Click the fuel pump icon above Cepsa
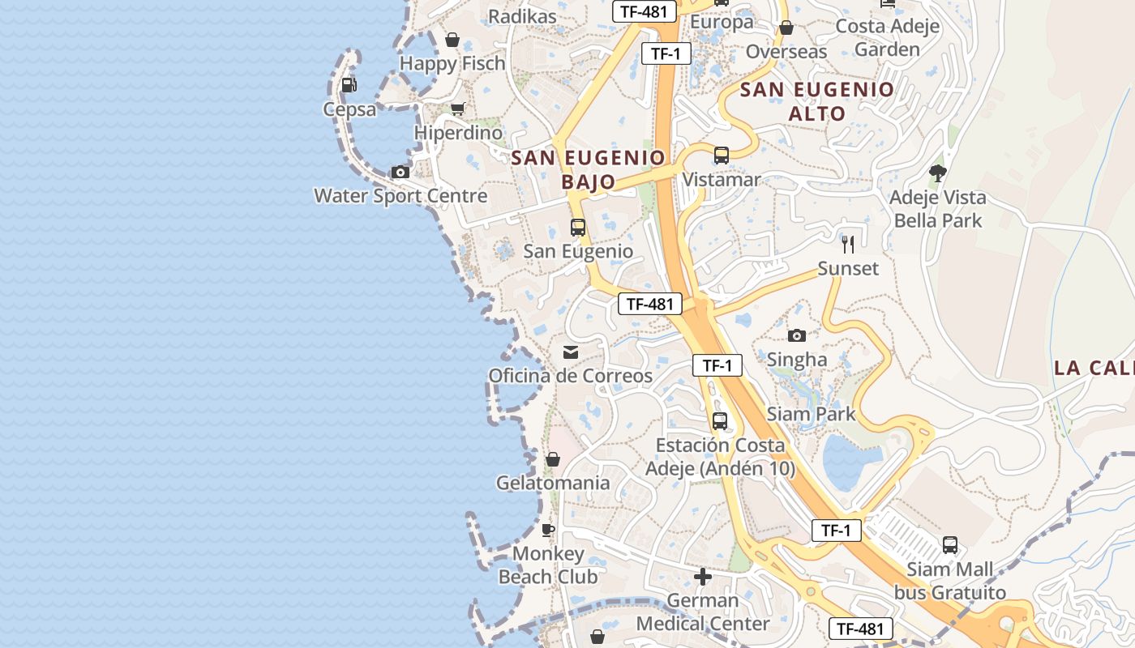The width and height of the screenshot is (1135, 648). (349, 84)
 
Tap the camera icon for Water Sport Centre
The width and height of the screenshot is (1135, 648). (400, 172)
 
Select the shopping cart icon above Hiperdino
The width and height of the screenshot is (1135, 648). (458, 109)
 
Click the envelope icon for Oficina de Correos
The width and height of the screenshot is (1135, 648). (571, 352)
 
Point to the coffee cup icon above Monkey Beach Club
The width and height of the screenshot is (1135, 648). (548, 530)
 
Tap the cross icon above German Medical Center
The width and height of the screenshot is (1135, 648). (703, 577)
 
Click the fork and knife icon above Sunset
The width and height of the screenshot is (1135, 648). (848, 244)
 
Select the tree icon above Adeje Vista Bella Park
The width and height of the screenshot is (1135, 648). (938, 173)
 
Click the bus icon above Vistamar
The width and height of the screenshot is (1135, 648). (721, 156)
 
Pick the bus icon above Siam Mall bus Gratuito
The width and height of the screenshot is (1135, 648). (949, 545)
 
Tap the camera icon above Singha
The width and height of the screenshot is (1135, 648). (797, 335)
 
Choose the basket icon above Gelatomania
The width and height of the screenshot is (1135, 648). (553, 459)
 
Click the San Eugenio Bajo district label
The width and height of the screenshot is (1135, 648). (589, 169)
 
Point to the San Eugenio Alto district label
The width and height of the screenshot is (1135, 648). (817, 101)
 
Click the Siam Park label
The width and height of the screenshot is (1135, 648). (811, 414)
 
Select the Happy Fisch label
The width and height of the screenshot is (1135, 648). (452, 63)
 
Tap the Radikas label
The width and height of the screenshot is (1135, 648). (522, 16)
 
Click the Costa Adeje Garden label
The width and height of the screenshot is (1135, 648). (888, 37)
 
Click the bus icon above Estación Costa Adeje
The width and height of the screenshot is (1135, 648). (719, 421)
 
